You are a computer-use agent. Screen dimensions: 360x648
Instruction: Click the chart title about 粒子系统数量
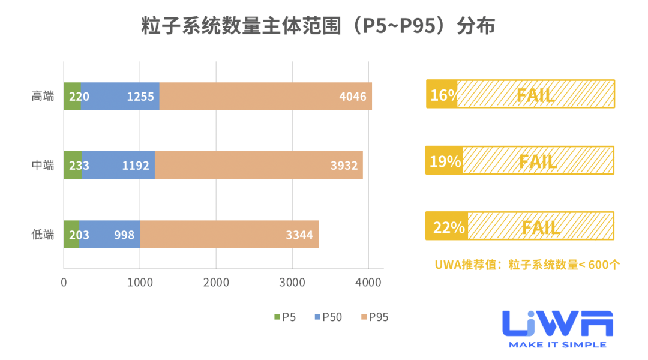[318, 27]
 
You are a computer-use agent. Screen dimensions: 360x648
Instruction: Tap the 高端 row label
[43, 96]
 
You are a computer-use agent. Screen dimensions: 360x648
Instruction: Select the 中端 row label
[43, 165]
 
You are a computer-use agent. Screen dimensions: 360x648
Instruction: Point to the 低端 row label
[43, 234]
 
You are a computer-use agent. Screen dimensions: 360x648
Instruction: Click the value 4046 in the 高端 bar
[353, 97]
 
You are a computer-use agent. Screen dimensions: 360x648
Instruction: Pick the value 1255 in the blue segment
[140, 97]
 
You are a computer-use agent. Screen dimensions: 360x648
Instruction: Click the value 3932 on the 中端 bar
[344, 166]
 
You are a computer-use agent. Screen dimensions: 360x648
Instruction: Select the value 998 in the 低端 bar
[124, 235]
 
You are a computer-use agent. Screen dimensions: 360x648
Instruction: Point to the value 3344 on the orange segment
[299, 235]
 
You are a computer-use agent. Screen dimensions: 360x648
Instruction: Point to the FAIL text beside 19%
[538, 161]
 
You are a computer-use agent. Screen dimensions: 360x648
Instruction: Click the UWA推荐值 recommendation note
[527, 264]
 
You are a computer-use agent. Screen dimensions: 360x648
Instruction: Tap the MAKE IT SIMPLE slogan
[557, 345]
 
